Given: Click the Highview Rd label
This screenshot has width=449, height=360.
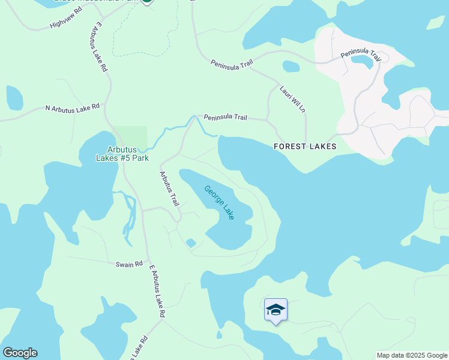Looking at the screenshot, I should (65, 22).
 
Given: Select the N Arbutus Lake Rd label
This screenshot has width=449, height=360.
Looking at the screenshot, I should (72, 108).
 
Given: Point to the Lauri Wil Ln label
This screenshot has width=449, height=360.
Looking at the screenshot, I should (293, 99).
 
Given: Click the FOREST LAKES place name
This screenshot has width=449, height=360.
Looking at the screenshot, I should (304, 146).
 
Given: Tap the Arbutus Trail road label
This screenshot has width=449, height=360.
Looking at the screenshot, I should (169, 188).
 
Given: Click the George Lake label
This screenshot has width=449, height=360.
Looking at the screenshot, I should (219, 202).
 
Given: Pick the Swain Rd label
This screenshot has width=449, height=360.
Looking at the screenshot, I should (129, 264).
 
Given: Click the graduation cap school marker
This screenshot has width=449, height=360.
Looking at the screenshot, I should (276, 310).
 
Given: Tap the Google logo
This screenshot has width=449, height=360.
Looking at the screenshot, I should (20, 353).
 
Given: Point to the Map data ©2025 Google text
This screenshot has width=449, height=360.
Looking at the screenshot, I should (412, 355).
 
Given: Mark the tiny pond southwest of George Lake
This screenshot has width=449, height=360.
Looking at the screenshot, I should (191, 242).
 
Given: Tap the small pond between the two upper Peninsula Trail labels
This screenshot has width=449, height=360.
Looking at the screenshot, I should (291, 66).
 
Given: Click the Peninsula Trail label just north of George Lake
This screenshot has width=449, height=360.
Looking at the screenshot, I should (225, 118).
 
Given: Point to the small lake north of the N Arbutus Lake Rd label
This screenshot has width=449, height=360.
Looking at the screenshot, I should (14, 97).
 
